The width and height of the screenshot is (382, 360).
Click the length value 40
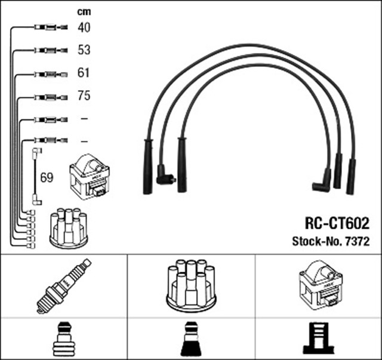pyautogui.click(x=84, y=27)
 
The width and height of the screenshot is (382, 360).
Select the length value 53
pyautogui.click(x=84, y=50)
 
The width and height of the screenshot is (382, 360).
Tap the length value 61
pyautogui.click(x=84, y=73)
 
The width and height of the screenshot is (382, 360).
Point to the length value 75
pyautogui.click(x=84, y=96)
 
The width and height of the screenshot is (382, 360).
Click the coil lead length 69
pyautogui.click(x=47, y=177)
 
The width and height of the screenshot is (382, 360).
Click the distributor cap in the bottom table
pyautogui.click(x=190, y=285)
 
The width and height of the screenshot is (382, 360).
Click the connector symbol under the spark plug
pyautogui.click(x=63, y=339)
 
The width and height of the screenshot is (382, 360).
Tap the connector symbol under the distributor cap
pyautogui.click(x=190, y=339)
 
